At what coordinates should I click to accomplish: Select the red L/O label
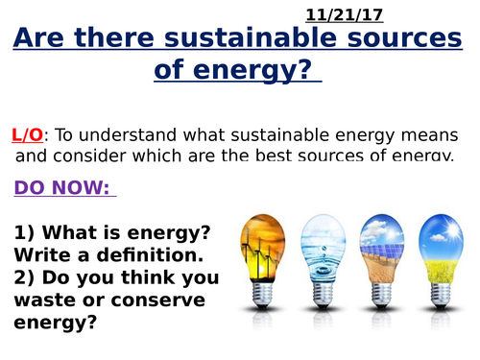coord(28,135)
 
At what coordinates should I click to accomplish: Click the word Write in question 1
coord(42,255)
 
